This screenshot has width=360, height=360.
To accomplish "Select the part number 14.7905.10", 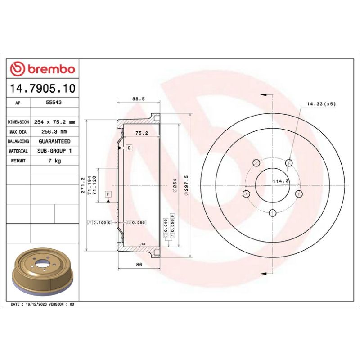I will point(43,89).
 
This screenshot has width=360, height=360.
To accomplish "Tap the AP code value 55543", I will point(54,103).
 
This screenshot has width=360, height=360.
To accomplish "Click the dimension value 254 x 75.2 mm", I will point(54,122).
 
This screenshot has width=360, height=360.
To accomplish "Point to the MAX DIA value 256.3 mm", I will point(54,132).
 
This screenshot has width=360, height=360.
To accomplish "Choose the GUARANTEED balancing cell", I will point(54,141).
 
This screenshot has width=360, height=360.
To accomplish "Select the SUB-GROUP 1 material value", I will point(54,151).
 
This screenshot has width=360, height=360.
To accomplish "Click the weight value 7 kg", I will point(54,161).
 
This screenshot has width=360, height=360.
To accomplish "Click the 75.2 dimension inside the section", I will point(142,133).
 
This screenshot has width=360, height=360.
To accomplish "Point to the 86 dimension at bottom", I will point(139,265).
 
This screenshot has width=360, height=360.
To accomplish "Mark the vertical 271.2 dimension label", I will point(82,185).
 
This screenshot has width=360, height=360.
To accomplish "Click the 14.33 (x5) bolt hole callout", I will point(321,104).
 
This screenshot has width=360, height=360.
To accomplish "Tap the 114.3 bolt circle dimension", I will point(281,181).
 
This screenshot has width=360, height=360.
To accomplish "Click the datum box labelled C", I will point(128,148).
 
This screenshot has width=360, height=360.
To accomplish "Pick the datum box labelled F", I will point(108,194).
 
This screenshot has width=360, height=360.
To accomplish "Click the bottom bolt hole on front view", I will point(272,213).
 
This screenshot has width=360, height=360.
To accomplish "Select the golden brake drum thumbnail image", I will point(43,274).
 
